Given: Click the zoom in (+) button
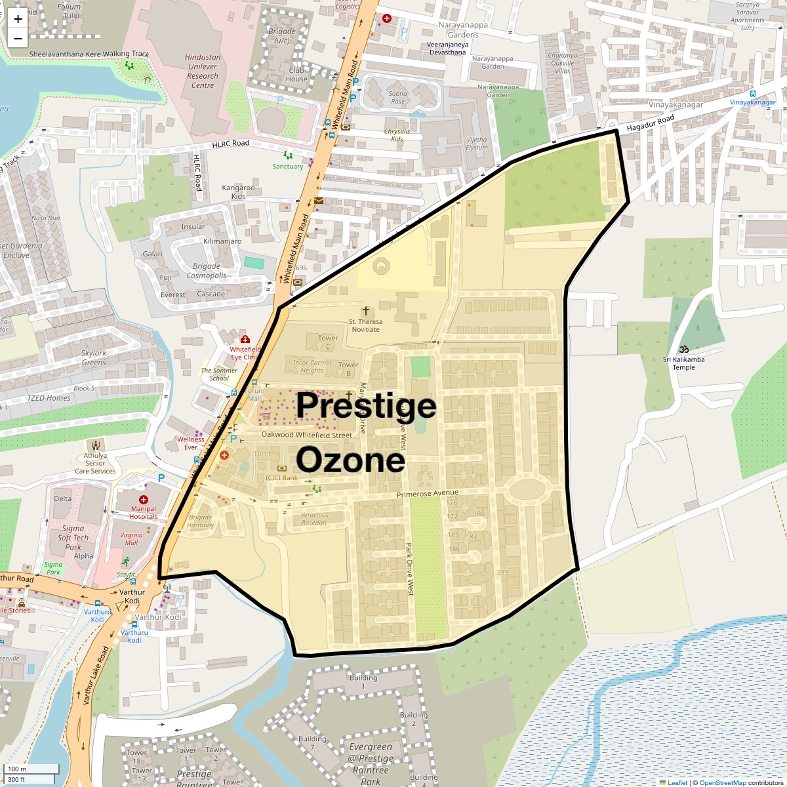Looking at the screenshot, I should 18,19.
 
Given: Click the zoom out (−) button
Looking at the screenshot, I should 18,38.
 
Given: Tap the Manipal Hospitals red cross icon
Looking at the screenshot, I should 144,500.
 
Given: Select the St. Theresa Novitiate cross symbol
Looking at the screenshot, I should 365,310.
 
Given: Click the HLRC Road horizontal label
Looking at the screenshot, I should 230,144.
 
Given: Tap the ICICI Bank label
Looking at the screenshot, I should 281,477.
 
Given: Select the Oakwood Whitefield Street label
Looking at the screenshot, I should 306,435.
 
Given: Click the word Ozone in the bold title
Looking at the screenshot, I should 350,460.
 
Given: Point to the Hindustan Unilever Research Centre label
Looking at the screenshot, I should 203,71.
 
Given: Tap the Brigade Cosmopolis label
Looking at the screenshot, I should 206,271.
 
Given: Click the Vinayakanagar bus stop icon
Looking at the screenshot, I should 752,93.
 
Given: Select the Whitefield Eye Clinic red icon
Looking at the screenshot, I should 245,340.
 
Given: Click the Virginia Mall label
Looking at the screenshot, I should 131,538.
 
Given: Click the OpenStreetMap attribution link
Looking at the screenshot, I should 722,782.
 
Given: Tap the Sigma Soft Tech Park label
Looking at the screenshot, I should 73,538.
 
